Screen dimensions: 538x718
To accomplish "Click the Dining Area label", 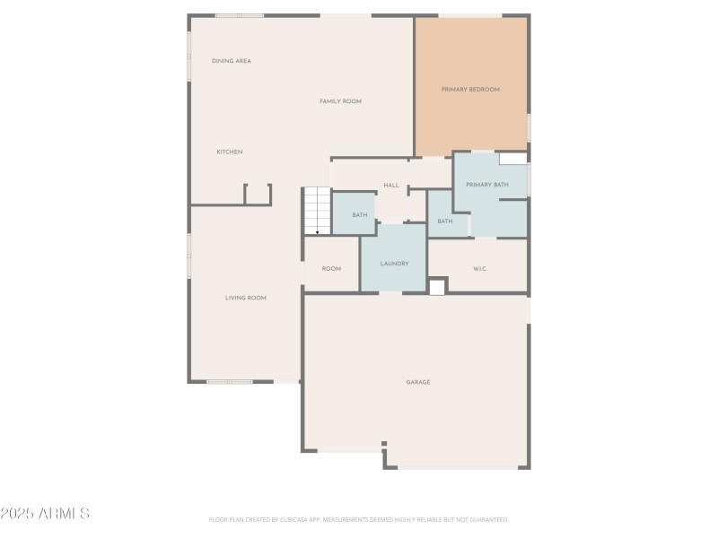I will tap(231, 61).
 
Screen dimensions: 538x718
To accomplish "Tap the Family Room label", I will tap(340, 101).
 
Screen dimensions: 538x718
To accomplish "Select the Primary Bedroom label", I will tap(470, 90).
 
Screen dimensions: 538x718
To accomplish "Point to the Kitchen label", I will tap(229, 152).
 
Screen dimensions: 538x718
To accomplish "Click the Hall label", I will tap(391, 186).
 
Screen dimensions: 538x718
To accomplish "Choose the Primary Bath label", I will tap(486, 185).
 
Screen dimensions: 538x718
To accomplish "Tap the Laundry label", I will tap(394, 264).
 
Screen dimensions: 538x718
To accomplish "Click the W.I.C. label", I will tap(480, 269).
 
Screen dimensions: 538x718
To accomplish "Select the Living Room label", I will tap(245, 298).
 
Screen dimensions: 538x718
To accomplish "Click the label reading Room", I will tap(331, 268).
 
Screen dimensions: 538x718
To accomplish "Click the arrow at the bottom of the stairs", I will tap(317, 230).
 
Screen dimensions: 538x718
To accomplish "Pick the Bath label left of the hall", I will tap(359, 215).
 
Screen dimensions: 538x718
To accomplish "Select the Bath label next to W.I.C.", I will tap(445, 221).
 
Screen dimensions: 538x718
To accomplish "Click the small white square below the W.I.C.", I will tap(437, 287).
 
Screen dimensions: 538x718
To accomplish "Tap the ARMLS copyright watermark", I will tap(45, 514).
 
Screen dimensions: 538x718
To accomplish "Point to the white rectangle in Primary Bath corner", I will tap(512, 159).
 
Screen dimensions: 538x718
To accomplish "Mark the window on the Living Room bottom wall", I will tap(230, 382).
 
